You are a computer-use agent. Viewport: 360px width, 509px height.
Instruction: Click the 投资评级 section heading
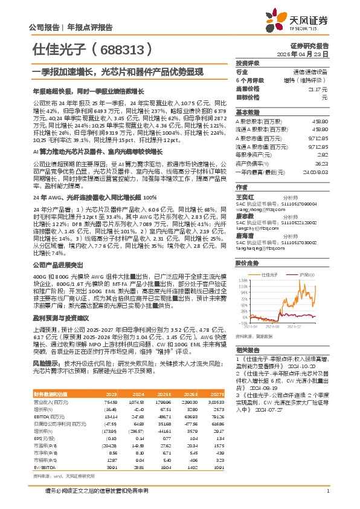tap(248, 63)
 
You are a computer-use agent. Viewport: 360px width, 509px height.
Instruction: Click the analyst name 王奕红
tap(245, 197)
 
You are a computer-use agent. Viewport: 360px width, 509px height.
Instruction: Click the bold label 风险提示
tap(46, 364)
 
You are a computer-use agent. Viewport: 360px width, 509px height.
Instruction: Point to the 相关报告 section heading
tap(247, 350)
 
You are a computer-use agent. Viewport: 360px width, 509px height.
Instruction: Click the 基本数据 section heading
tap(248, 112)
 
